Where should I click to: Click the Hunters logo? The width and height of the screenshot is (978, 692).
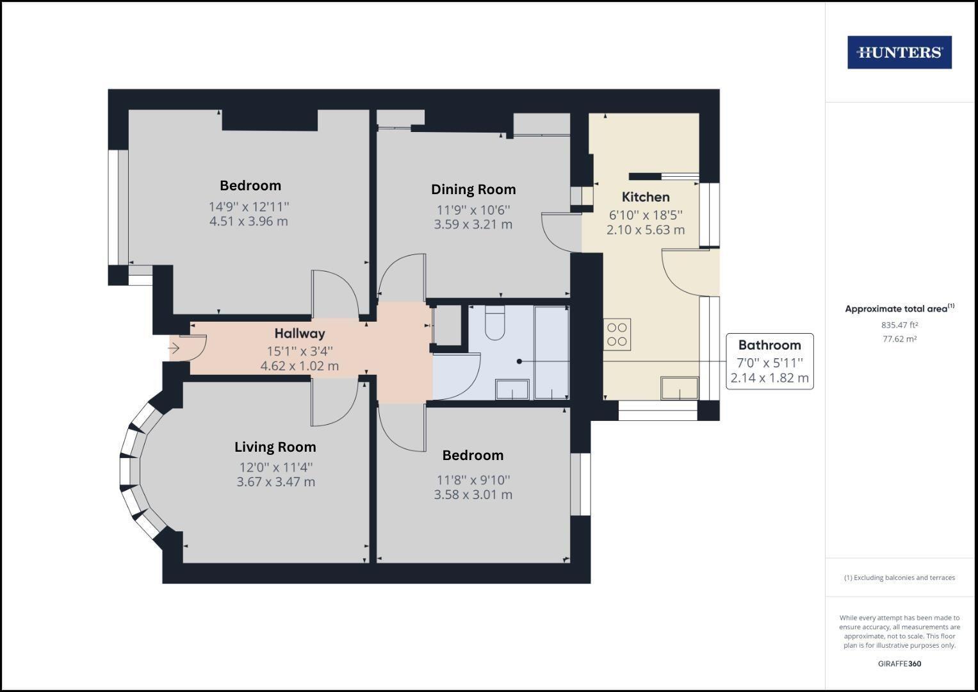899,52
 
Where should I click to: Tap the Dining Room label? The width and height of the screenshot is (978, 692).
473,190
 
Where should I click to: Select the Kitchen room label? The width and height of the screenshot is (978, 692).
646,197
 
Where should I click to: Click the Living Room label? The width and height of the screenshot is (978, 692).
275,447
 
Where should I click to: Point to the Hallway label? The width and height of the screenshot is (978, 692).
300,333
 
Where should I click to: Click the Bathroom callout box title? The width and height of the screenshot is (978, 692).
769,345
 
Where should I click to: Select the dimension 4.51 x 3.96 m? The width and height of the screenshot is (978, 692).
249,222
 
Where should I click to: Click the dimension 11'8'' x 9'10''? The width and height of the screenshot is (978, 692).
473,480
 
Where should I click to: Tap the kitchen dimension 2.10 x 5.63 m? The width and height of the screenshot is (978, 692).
646,229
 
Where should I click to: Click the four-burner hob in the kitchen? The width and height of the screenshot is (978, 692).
617,334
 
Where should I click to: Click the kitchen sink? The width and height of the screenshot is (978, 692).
680,388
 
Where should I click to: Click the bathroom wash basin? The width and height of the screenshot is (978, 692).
512,389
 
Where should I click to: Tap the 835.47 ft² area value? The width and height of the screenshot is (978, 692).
899,325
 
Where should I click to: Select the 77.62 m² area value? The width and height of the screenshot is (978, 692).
899,339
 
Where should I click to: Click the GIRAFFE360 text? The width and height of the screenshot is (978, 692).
899,664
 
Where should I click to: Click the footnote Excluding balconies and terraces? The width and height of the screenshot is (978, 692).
899,578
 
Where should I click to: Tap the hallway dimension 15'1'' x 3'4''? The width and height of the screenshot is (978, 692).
300,351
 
